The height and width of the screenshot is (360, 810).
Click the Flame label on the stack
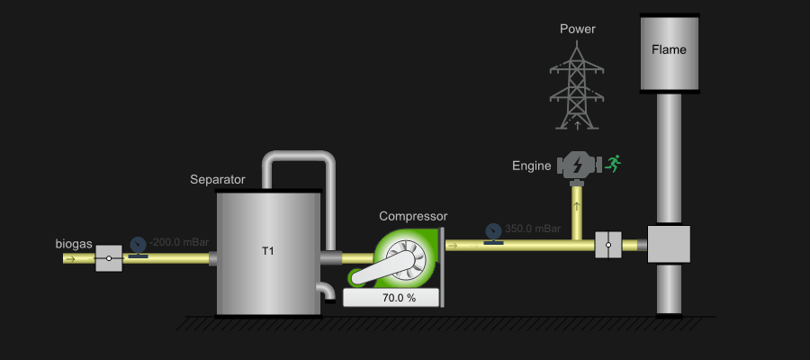(669, 49)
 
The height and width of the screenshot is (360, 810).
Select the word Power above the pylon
(577, 29)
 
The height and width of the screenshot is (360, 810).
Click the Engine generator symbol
(577, 165)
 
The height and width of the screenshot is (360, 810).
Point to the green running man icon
(615, 163)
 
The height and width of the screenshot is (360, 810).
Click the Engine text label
(531, 166)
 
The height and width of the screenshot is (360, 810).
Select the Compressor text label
(413, 216)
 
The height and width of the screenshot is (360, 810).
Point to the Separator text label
(218, 180)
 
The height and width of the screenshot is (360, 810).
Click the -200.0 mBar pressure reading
(180, 242)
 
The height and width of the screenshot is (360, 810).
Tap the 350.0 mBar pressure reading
(534, 229)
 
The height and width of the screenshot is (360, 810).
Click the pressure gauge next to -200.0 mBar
(138, 246)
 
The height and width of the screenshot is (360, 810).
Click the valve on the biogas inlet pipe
(109, 258)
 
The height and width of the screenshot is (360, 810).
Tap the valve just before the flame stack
(608, 245)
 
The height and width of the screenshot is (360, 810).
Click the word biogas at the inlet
(74, 244)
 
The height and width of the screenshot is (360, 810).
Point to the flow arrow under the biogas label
(70, 259)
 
